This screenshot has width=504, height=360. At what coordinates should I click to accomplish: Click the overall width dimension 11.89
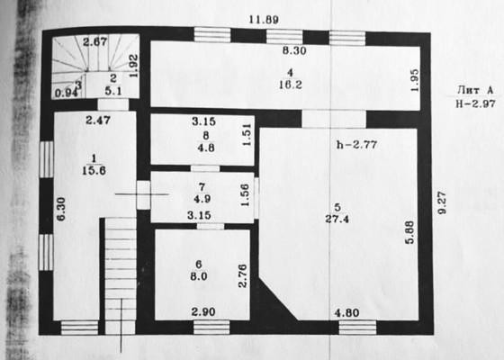point(264,20)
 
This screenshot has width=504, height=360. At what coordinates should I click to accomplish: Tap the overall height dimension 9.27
point(442,202)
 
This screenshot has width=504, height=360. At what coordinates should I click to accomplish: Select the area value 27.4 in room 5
point(337,220)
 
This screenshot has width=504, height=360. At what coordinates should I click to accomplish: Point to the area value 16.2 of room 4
point(290,85)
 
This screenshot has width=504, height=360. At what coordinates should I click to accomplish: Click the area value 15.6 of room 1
point(94,170)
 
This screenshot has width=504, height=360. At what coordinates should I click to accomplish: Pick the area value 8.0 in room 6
point(199,276)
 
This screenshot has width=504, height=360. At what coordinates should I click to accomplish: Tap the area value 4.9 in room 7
point(202,199)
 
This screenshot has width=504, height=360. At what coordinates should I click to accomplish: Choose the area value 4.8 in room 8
point(206,148)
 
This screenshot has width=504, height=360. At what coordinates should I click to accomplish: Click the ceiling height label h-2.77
point(356,145)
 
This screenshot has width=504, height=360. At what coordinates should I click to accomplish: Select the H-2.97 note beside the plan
point(475,103)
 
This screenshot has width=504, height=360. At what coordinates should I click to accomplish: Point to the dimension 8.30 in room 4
point(294,50)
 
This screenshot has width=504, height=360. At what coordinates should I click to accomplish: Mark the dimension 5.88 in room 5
point(410,232)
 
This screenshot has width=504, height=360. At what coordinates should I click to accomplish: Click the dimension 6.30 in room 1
point(61,209)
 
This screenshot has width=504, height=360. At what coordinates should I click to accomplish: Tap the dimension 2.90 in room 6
point(203,311)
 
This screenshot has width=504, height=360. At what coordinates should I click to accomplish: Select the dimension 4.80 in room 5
point(346,313)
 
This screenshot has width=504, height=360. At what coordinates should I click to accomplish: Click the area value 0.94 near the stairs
point(67,94)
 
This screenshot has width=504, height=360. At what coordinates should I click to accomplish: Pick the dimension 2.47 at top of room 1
point(98,121)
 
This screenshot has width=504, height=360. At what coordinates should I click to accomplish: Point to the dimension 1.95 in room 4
point(415,80)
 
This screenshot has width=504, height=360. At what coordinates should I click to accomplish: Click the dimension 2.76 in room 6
point(242,275)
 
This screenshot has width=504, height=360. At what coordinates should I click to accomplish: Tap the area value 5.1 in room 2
point(113,91)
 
